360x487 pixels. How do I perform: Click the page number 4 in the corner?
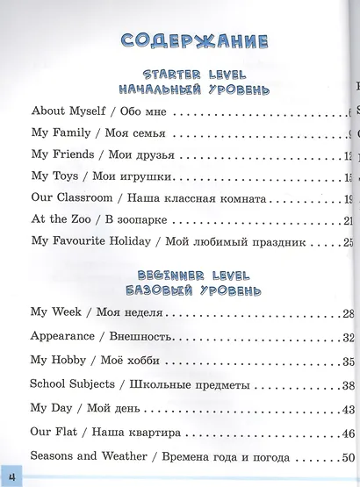(13, 474)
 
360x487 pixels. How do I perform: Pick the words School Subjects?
(73, 384)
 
